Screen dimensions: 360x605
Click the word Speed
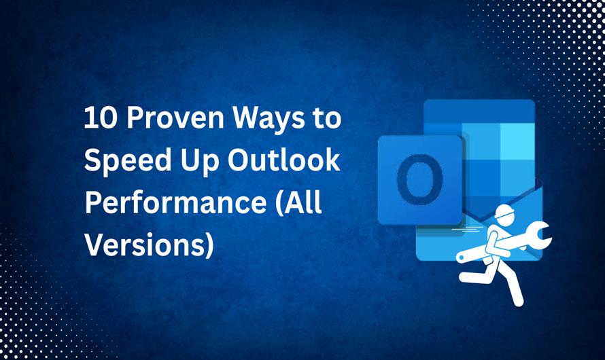click(120, 162)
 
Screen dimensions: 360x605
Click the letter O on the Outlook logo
click(419, 180)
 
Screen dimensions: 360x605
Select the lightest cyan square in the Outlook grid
click(517, 139)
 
